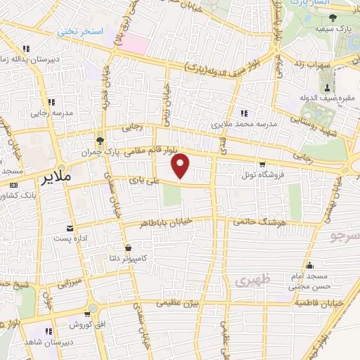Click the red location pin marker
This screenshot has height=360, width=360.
point(181,165)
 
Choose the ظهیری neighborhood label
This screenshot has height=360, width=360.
point(243,281)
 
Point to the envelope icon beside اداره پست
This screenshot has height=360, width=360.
point(69,229)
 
